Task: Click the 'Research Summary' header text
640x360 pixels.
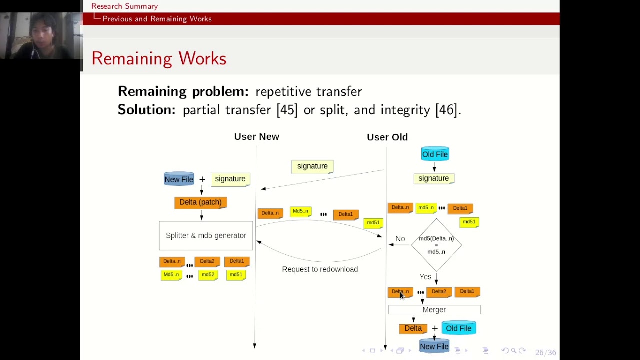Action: (x=124, y=6)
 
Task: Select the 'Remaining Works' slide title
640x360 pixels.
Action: (x=159, y=58)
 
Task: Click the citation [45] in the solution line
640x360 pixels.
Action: (x=287, y=110)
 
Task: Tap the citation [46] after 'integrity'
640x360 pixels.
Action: (x=446, y=110)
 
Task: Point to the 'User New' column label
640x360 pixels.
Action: (x=256, y=137)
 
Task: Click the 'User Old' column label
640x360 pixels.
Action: (x=387, y=137)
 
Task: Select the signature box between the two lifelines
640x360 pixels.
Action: (x=312, y=166)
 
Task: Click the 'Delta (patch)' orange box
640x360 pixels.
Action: (x=200, y=202)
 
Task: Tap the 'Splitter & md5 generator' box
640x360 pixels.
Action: (x=206, y=235)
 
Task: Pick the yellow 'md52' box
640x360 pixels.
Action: (x=208, y=275)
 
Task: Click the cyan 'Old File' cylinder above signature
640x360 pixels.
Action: (x=435, y=154)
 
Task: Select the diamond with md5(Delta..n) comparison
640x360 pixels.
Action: (x=436, y=245)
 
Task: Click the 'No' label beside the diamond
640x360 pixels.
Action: (x=400, y=239)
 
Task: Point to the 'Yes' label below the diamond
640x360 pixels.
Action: (x=425, y=277)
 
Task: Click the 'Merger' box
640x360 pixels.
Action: (x=434, y=310)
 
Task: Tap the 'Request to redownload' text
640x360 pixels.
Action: (x=320, y=269)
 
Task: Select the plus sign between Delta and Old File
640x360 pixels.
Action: (x=435, y=328)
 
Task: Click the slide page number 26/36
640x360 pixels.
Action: (x=545, y=353)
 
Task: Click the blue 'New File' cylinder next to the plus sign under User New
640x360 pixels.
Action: (x=179, y=179)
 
